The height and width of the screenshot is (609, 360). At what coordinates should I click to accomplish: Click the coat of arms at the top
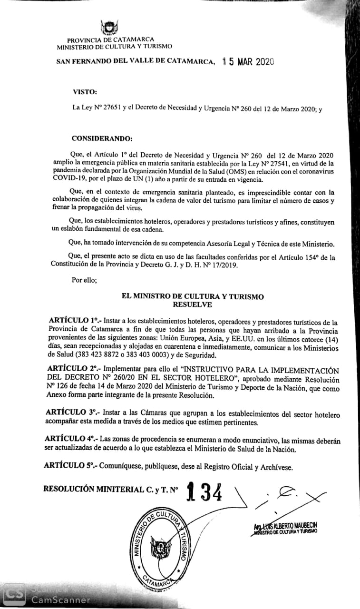click(x=110, y=28)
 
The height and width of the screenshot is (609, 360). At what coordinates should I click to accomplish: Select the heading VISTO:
click(x=85, y=91)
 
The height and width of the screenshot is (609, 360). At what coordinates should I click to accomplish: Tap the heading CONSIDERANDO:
click(x=102, y=138)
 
